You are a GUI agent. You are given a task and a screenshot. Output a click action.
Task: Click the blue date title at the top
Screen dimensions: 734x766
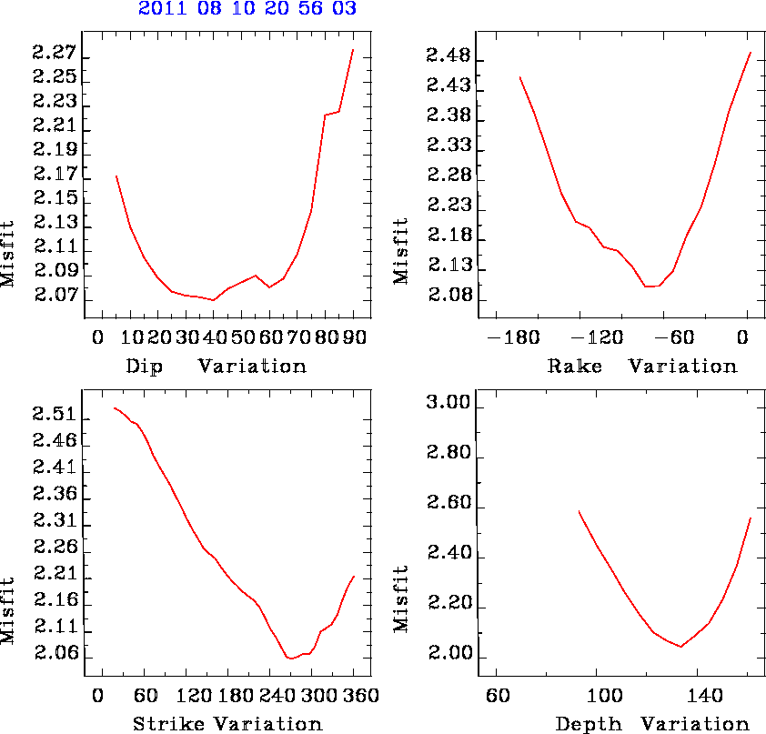(247, 10)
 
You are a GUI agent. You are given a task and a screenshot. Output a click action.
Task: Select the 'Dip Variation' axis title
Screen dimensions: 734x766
(217, 367)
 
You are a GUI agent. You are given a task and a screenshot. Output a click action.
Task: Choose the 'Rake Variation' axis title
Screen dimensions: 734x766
(641, 367)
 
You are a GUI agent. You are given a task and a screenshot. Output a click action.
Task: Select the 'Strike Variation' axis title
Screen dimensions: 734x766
(227, 725)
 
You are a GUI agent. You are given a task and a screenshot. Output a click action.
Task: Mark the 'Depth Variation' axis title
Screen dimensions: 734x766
(651, 725)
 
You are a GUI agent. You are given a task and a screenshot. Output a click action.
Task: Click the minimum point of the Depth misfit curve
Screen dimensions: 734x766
(680, 647)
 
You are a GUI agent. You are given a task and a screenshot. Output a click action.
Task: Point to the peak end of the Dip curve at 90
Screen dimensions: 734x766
(353, 50)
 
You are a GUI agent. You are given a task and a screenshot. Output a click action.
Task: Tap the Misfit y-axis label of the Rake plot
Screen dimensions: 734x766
(401, 251)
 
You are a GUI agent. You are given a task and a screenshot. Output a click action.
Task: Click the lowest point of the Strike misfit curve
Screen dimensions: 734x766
(290, 658)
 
